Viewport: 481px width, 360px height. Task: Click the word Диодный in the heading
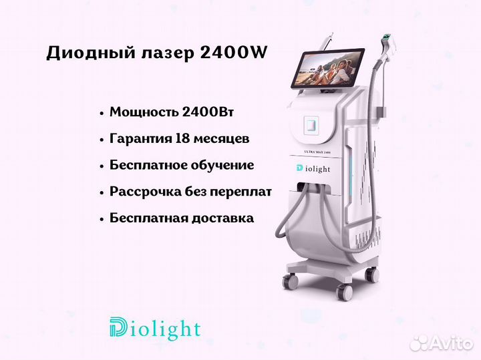pos(91,53)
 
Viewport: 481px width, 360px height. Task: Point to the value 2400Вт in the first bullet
pos(208,112)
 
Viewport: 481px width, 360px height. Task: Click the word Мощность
pos(144,112)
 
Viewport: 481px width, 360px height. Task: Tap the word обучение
pos(222,165)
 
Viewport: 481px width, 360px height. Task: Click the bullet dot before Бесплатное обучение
pos(102,166)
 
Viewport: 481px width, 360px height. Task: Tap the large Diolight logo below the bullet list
pos(155,329)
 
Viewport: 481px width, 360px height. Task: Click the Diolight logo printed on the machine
pos(313,168)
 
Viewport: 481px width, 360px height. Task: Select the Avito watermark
pos(441,343)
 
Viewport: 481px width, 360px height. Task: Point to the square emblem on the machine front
pos(311,125)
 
